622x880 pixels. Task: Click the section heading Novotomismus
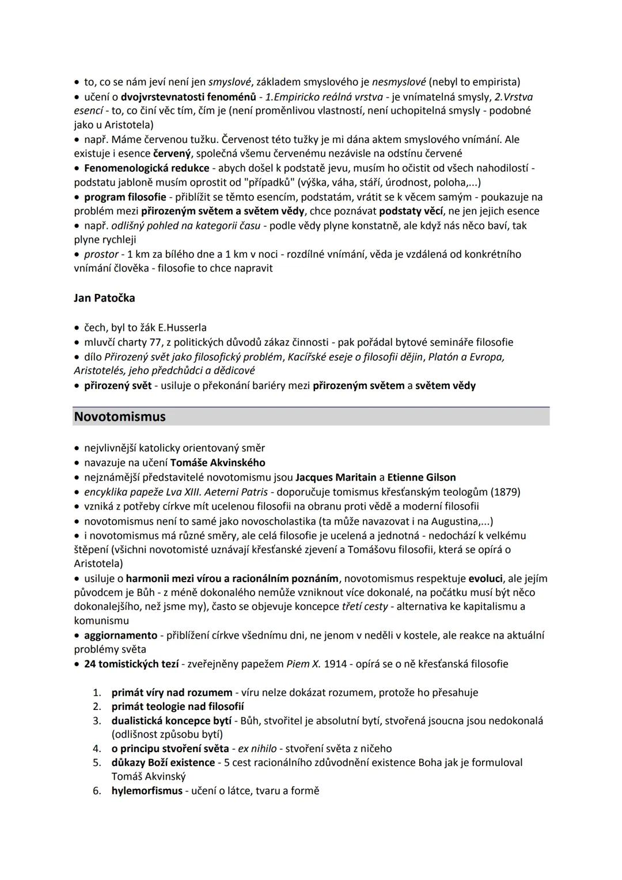[120, 417]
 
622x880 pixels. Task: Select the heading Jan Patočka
[104, 298]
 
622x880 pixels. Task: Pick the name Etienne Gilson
[421, 477]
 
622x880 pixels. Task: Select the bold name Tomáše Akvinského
[218, 463]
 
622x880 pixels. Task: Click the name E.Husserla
[182, 328]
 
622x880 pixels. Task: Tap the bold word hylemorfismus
[147, 791]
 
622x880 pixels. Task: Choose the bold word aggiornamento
[120, 636]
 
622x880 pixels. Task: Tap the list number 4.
[97, 749]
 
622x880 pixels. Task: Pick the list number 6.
[97, 791]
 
